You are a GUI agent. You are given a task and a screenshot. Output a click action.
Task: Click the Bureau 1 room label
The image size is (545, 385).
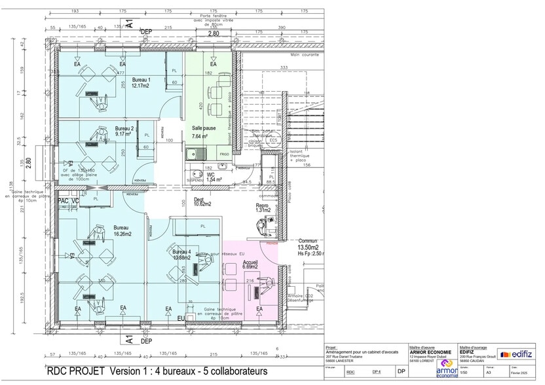141,79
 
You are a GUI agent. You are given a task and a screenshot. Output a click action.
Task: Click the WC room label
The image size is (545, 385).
210,175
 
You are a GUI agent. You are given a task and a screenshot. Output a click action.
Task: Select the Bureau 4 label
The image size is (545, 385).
181,252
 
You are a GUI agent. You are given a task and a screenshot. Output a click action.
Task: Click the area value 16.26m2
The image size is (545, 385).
122,234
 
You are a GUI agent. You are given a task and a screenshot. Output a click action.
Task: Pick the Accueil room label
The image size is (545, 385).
250,261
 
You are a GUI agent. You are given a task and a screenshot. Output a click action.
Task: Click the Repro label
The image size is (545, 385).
262,205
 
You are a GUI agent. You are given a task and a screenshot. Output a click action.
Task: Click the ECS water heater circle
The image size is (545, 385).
273,140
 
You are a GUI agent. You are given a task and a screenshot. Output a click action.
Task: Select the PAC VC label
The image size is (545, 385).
68,201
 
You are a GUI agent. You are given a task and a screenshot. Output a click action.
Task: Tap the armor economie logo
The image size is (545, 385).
447,367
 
